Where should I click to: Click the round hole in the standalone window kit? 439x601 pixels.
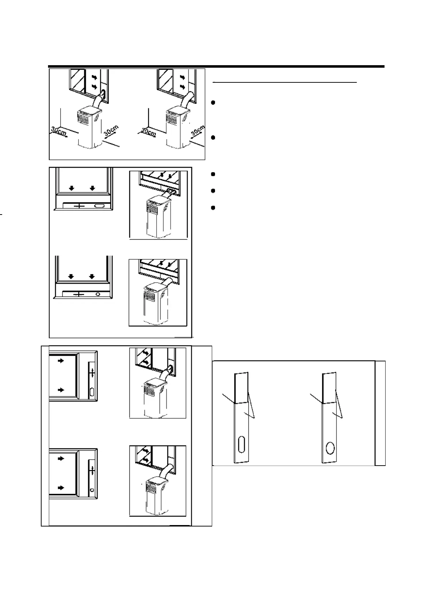pyautogui.click(x=330, y=448)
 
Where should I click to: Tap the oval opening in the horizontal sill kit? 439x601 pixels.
pyautogui.click(x=99, y=206)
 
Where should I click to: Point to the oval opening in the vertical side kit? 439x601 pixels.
pyautogui.click(x=92, y=391)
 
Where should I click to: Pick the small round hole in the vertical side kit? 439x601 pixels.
pyautogui.click(x=92, y=489)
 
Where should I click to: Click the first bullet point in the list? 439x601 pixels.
pyautogui.click(x=213, y=103)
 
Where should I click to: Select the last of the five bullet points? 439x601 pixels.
pyautogui.click(x=213, y=207)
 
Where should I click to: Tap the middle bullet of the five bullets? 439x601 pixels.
pyautogui.click(x=213, y=174)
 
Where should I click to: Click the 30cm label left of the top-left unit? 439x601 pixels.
pyautogui.click(x=58, y=132)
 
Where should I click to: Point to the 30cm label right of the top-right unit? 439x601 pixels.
pyautogui.click(x=198, y=131)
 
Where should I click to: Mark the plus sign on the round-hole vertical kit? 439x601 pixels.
pyautogui.click(x=92, y=470)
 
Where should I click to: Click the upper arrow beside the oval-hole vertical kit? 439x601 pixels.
pyautogui.click(x=61, y=361)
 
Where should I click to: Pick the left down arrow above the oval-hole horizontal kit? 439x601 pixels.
pyautogui.click(x=72, y=188)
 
